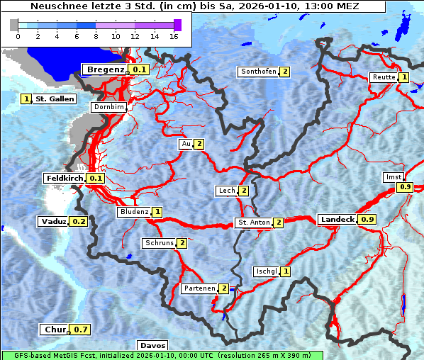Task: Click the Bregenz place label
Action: [106, 69]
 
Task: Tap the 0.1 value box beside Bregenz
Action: [139, 69]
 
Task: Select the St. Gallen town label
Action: [55, 99]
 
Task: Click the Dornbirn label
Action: [109, 108]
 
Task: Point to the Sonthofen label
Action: [259, 72]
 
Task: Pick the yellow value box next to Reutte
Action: [403, 77]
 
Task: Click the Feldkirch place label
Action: [65, 178]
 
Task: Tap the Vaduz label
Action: [54, 221]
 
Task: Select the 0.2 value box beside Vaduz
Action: [79, 221]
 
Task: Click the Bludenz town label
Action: [134, 212]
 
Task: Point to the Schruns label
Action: [159, 243]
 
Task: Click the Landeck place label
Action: [337, 220]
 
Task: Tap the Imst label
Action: [392, 176]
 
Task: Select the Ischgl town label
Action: [267, 271]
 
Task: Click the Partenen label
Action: [199, 288]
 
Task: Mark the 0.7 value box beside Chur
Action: [82, 330]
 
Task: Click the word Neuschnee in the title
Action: [55, 6]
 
